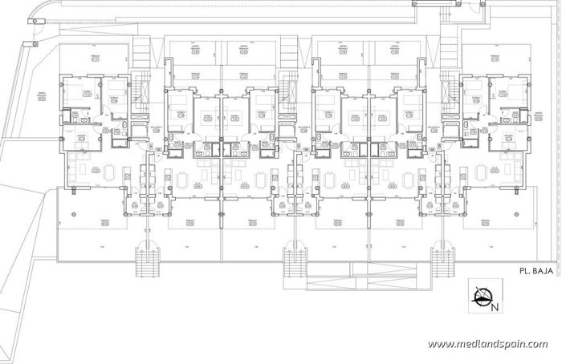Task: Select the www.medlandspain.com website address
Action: [x=487, y=344]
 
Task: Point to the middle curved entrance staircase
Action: [x=294, y=259]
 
